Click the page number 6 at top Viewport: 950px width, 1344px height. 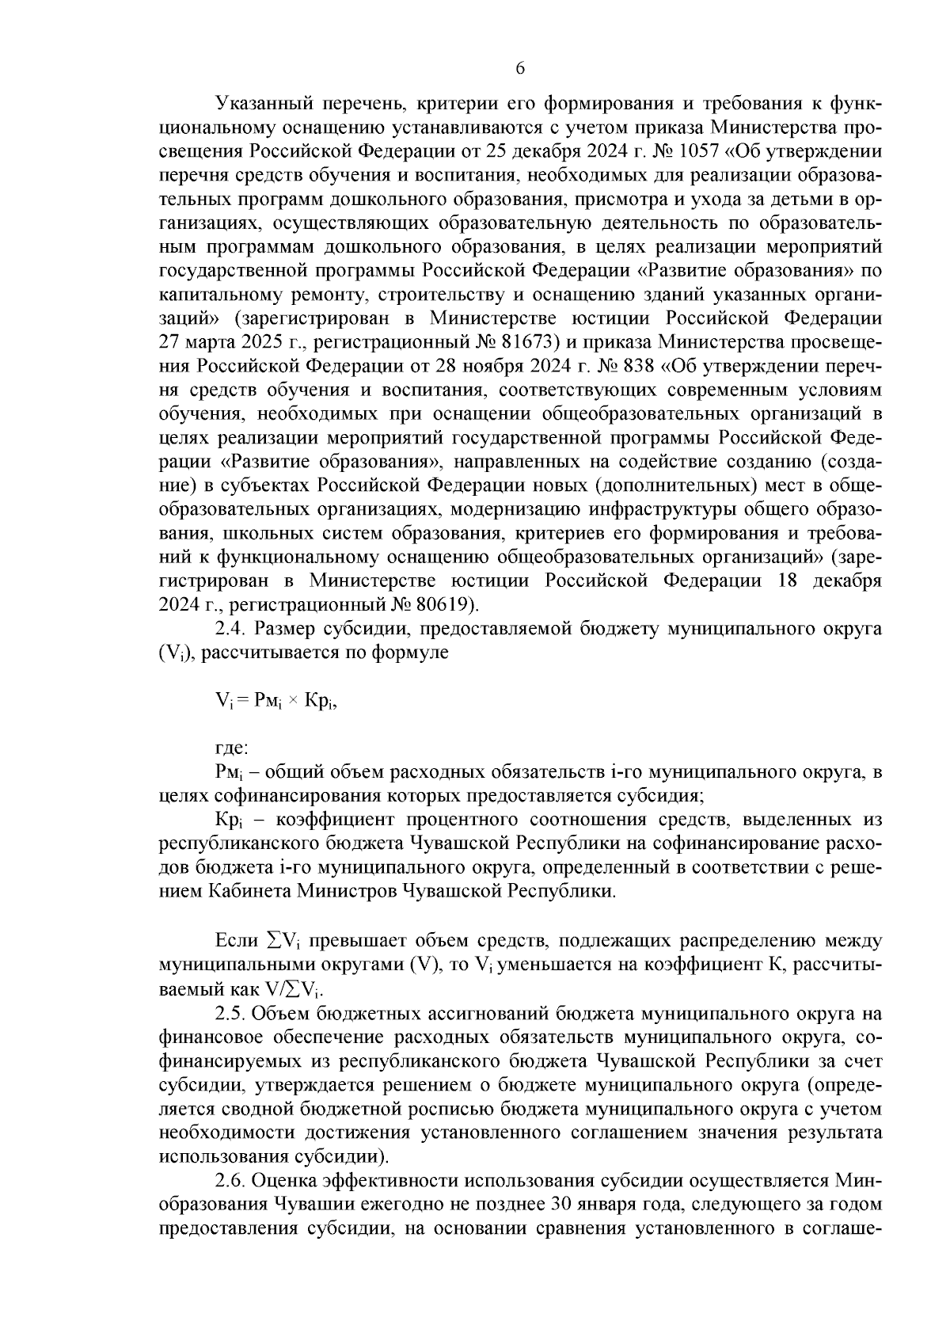520,69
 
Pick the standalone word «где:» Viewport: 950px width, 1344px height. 233,746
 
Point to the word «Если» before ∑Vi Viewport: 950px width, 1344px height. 237,940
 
